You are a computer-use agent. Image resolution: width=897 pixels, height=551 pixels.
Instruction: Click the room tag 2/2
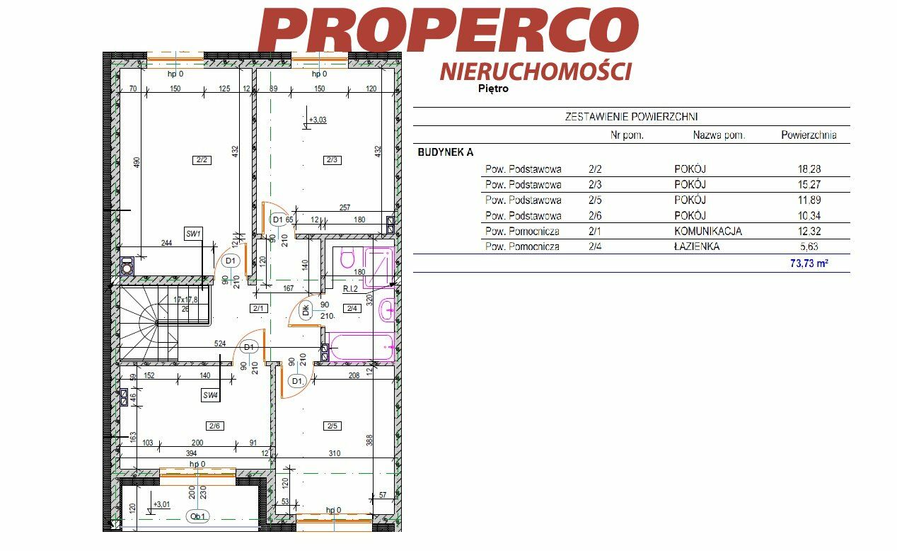[x=202, y=160]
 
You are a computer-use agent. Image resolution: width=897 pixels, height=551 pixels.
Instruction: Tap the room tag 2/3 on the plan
[x=332, y=160]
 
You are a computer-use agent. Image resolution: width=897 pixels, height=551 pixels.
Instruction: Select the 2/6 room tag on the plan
[x=214, y=426]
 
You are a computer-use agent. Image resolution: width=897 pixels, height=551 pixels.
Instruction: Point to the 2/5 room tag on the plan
[x=332, y=426]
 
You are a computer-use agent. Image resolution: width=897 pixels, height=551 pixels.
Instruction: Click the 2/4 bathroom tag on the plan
[x=352, y=308]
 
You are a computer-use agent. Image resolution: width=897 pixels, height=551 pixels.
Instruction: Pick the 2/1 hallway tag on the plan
[x=258, y=308]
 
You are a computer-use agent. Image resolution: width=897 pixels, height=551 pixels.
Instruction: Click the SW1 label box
[x=193, y=234]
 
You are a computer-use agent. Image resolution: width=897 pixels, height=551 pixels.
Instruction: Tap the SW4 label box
[x=210, y=395]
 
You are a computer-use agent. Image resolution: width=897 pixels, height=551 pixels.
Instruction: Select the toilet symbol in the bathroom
[x=347, y=258]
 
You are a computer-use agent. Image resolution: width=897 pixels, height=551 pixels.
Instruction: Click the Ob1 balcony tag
[x=197, y=516]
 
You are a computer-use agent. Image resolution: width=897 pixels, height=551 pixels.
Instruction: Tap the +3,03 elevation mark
[x=317, y=120]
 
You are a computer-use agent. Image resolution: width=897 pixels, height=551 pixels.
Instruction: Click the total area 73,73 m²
[x=809, y=263]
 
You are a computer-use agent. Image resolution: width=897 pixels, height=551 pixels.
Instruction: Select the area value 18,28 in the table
[x=809, y=169]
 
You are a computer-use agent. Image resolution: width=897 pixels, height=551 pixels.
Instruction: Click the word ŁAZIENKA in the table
[x=697, y=246]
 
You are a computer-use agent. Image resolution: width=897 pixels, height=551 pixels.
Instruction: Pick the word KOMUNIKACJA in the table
[x=708, y=231]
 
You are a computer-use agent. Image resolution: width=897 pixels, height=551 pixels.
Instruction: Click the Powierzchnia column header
[x=809, y=135]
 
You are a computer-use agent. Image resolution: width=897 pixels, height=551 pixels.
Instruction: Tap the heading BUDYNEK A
[x=445, y=152]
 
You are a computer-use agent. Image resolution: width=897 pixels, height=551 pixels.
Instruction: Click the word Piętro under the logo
[x=493, y=89]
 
